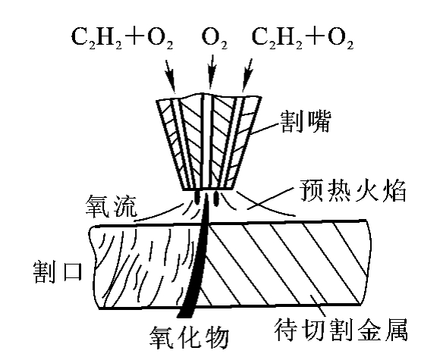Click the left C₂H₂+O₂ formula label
(x=122, y=39)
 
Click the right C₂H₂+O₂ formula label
(x=303, y=39)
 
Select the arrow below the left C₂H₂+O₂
(x=171, y=76)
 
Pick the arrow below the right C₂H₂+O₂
(x=247, y=75)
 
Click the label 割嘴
(x=305, y=121)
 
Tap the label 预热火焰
(x=353, y=190)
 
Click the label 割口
(x=58, y=271)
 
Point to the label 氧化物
(x=190, y=337)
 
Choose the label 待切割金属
(x=341, y=330)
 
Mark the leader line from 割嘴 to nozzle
(x=265, y=129)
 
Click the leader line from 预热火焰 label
(x=269, y=199)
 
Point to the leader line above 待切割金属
(x=319, y=305)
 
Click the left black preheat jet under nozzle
(x=197, y=198)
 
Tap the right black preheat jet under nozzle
(x=216, y=198)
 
